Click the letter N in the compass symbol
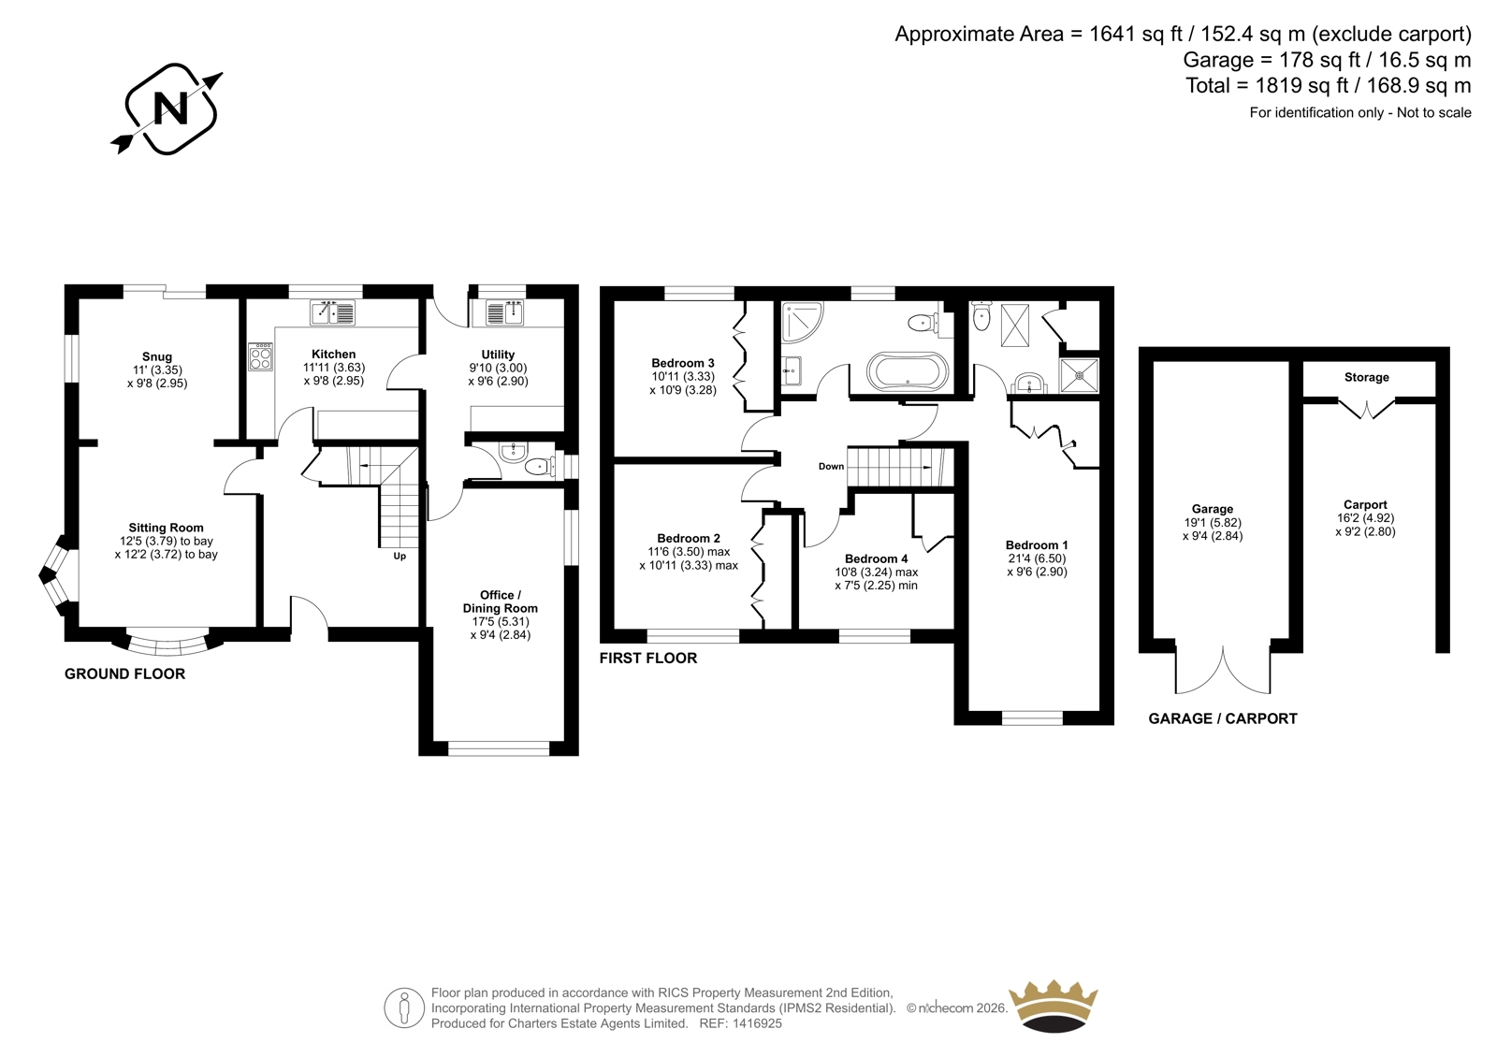(171, 109)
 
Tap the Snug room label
(157, 357)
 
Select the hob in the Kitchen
(261, 356)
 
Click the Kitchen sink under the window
(333, 312)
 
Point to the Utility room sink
(504, 312)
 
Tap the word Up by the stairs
(400, 556)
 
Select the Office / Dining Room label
(500, 601)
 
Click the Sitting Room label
(166, 528)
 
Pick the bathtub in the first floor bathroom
(907, 370)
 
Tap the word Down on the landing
(832, 467)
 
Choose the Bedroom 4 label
(876, 558)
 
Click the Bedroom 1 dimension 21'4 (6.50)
(1037, 558)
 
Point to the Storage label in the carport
(1367, 378)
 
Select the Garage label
(1213, 509)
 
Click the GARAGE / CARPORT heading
(1223, 718)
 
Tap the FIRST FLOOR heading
(648, 659)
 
